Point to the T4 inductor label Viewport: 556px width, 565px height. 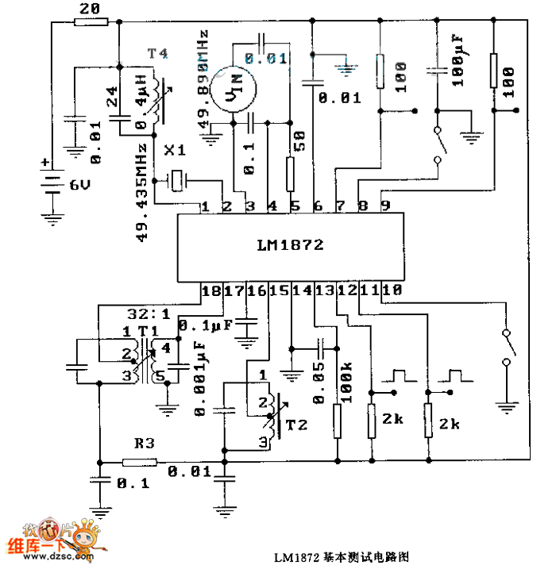tap(157, 53)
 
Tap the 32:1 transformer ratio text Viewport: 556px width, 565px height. tap(143, 312)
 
